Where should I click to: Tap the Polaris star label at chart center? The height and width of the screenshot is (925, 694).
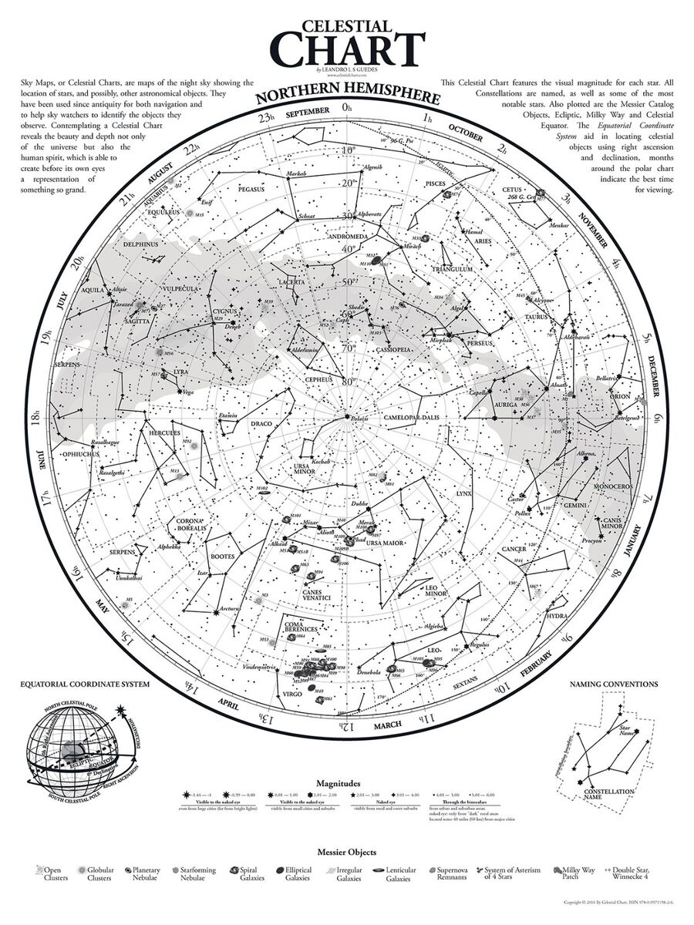[x=359, y=418]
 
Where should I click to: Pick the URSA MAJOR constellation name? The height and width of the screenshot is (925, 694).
[x=384, y=543]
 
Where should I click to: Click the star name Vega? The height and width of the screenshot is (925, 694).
[x=188, y=392]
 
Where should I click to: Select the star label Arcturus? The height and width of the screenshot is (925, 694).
[x=229, y=609]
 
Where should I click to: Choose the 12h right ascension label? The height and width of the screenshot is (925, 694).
[x=347, y=725]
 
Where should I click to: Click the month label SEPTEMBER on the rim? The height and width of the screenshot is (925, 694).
[x=307, y=114]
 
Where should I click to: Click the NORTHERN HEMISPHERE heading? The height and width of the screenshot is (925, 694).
[x=347, y=98]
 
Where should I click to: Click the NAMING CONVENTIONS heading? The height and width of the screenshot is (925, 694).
[x=613, y=683]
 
